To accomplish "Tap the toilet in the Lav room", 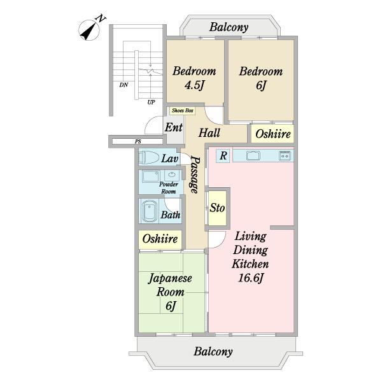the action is tap(148, 157).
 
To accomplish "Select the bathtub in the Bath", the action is tap(148, 211).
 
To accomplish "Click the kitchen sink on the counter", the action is tap(253, 155).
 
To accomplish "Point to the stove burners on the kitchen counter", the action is tap(285, 155).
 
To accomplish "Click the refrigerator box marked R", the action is tap(223, 155).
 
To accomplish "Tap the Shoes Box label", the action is tap(183, 111).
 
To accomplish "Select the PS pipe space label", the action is tap(138, 141).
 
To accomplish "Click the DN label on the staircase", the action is tap(124, 85).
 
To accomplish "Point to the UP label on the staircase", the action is tap(151, 103).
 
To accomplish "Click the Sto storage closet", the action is tap(218, 208).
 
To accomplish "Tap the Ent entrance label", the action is tap(173, 127).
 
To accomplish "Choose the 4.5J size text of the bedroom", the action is tap(194, 85).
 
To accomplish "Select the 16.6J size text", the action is tap(251, 278).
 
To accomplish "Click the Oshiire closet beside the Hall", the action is tap(272, 134).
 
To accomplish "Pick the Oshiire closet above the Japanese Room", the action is tap(160, 239).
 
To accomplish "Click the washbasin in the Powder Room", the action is tap(172, 174).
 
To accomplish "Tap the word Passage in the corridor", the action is tap(195, 174).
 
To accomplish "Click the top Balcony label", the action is tap(229, 27).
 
